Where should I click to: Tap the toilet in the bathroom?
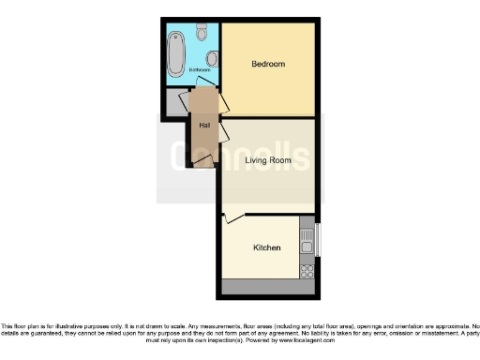pos(203,31)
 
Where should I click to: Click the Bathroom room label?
pos(200,70)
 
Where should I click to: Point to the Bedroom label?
pos(268,64)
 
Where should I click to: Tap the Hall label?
pos(203,125)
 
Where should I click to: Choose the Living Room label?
pos(268,160)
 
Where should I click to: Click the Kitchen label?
pos(267,247)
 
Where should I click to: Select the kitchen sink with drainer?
pos(306,240)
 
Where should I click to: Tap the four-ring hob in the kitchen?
pos(306,270)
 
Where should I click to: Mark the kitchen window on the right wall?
pos(318,240)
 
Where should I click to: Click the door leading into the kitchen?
pos(234,218)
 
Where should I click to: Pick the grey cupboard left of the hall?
pos(175,102)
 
